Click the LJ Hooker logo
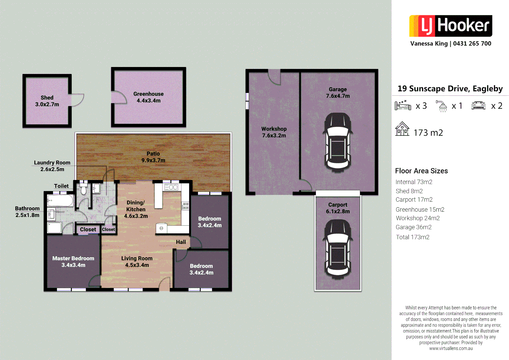coord(450,26)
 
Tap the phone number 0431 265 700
coord(472,44)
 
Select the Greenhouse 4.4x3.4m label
coord(149,97)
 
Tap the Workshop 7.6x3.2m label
coord(274,132)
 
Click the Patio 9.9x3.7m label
coord(153,157)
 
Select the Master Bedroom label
coord(73,262)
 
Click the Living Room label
coord(137,262)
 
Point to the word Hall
coord(181,242)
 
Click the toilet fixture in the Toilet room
coord(83,188)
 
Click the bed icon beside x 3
coord(403,106)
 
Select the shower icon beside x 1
coord(442,106)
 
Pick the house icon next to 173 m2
coord(402,129)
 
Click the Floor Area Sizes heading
coord(421,171)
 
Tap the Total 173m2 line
coord(412,237)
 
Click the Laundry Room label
coord(52,166)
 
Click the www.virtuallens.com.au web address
coord(451,348)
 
